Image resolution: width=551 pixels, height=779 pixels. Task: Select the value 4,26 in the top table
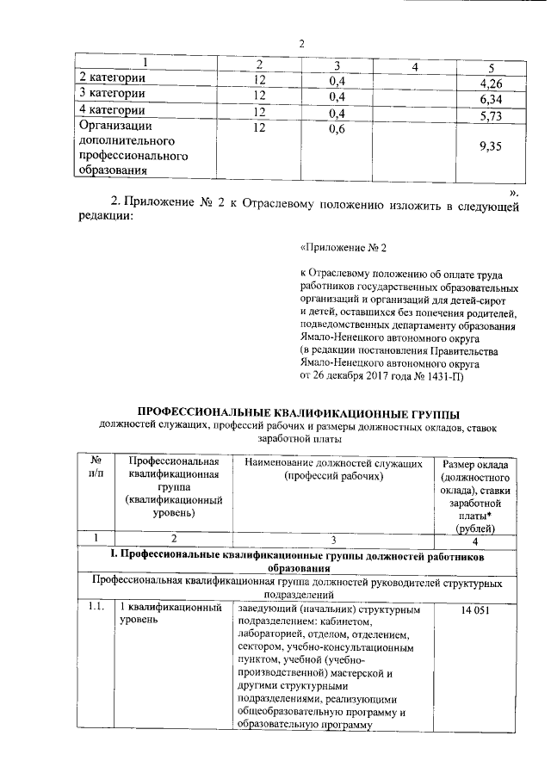click(490, 83)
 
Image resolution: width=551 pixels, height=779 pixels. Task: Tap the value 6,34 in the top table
click(490, 100)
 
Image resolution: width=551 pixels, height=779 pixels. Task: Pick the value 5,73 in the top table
click(490, 116)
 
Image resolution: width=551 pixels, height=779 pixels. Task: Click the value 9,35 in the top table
click(490, 147)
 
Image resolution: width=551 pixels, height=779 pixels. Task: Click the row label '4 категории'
click(111, 110)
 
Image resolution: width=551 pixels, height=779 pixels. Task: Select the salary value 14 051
click(474, 610)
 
